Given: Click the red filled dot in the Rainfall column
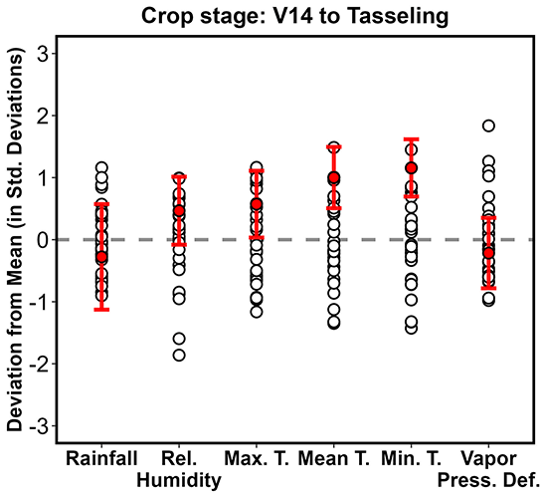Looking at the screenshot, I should point(101,257).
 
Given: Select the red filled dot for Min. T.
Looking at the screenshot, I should point(412,168).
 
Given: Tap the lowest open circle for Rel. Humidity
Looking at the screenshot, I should point(179,355).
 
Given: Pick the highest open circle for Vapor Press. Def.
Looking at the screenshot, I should point(488,125).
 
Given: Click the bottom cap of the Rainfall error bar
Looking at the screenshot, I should point(101,310).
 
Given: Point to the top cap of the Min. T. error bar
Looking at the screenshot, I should point(412,138).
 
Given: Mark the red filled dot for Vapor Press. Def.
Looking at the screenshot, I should point(488,253).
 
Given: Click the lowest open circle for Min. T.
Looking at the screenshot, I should point(412,328).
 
